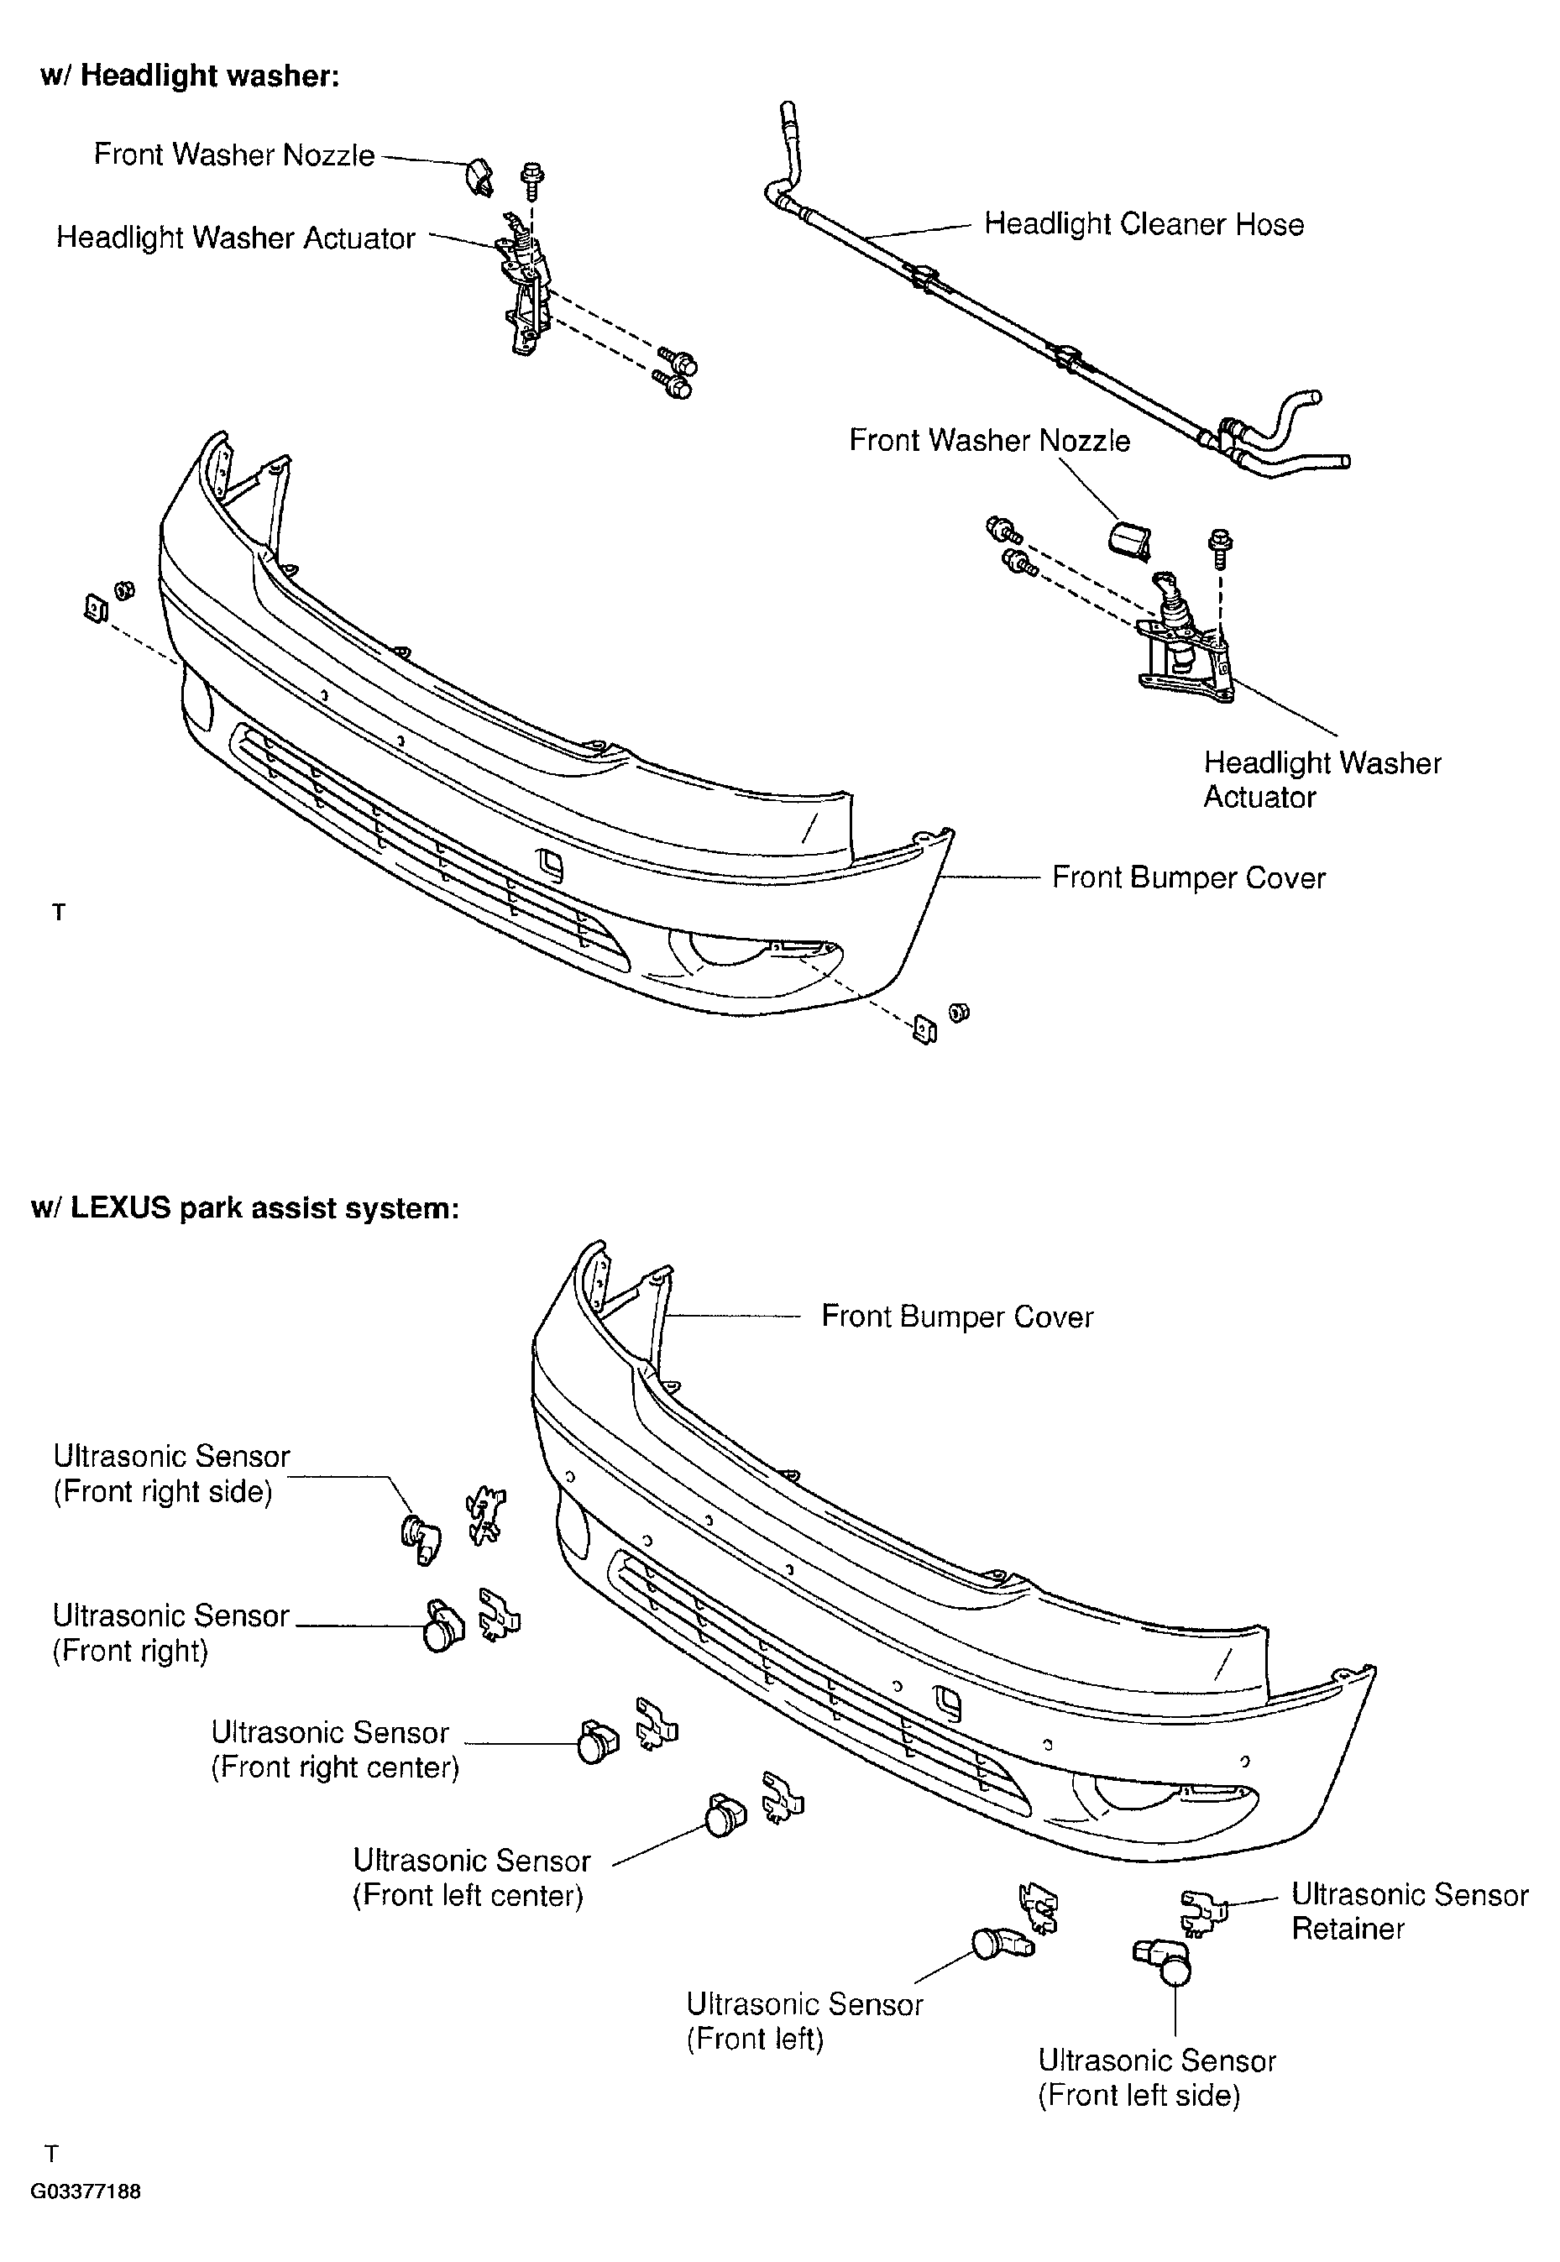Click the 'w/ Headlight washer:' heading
pyautogui.click(x=190, y=76)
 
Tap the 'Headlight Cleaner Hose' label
pyautogui.click(x=1143, y=224)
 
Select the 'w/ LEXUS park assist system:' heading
pyautogui.click(x=244, y=1208)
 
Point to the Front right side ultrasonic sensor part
pyautogui.click(x=421, y=1537)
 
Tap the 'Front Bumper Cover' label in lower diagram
pyautogui.click(x=956, y=1317)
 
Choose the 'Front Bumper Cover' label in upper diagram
pyautogui.click(x=1187, y=877)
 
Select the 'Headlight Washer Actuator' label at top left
pyautogui.click(x=236, y=238)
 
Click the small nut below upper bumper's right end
pyautogui.click(x=959, y=1013)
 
